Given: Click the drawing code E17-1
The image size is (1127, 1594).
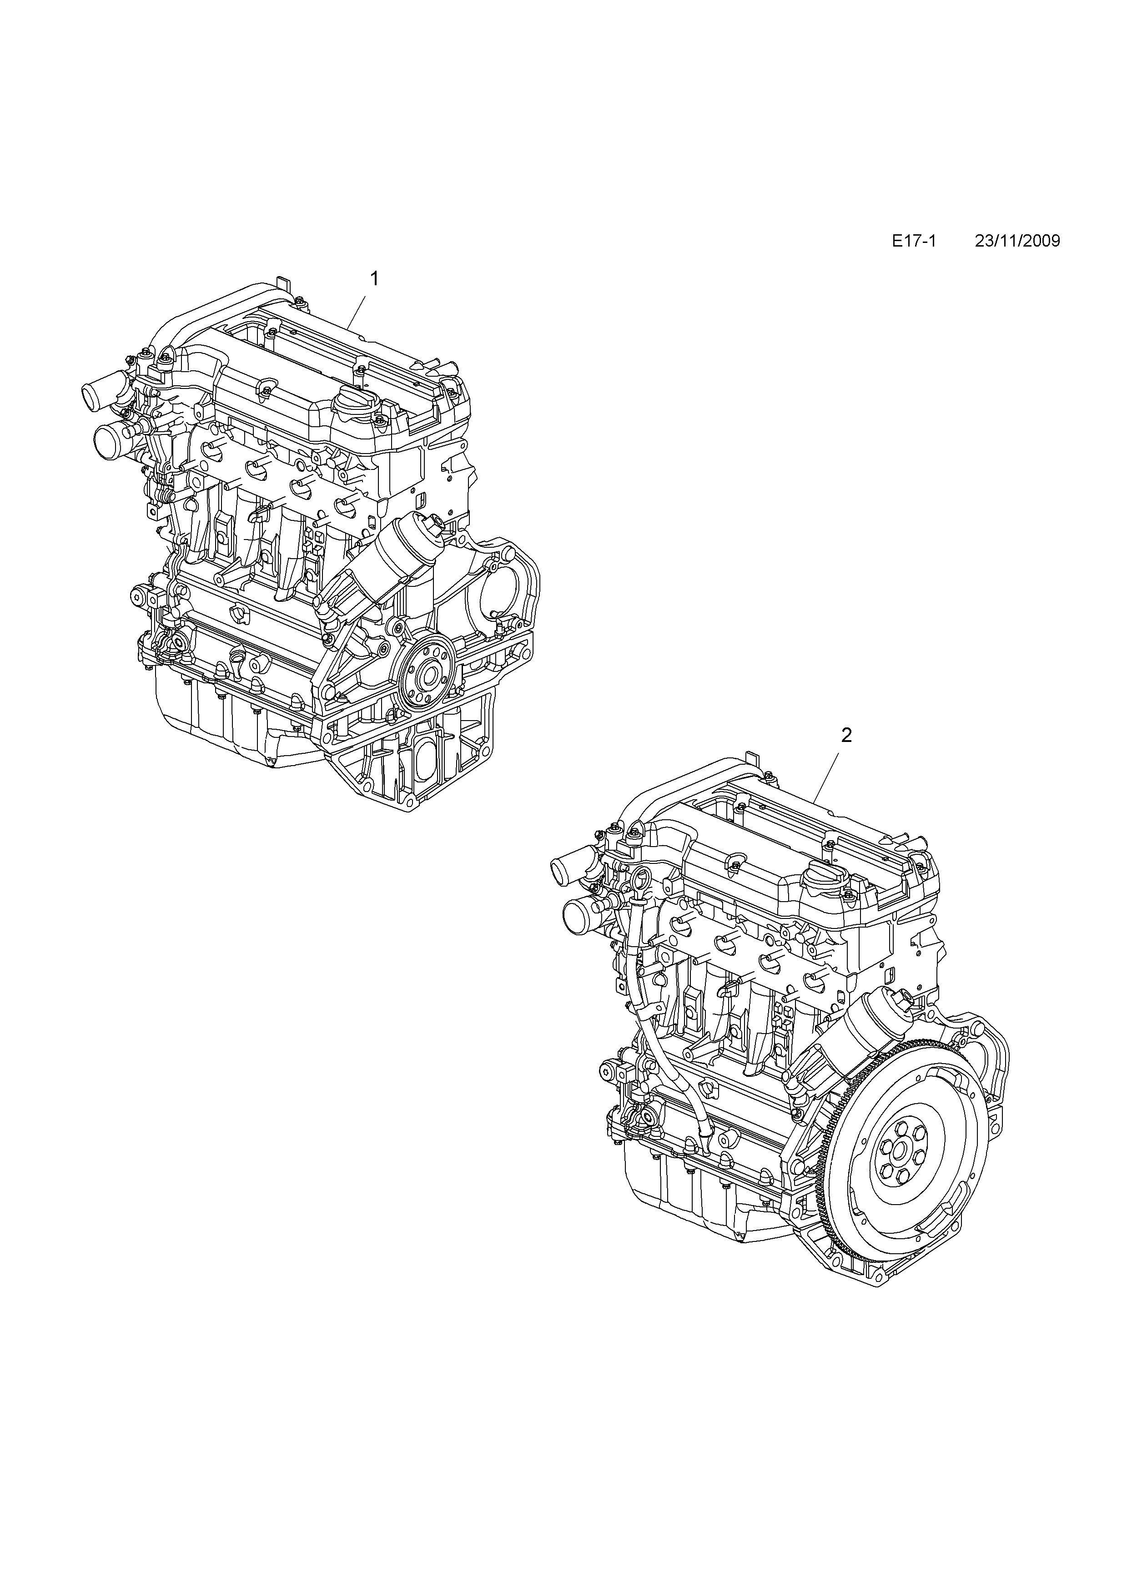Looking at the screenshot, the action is click(x=914, y=241).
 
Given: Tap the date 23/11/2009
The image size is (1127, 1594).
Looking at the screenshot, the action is click(x=1017, y=241).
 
